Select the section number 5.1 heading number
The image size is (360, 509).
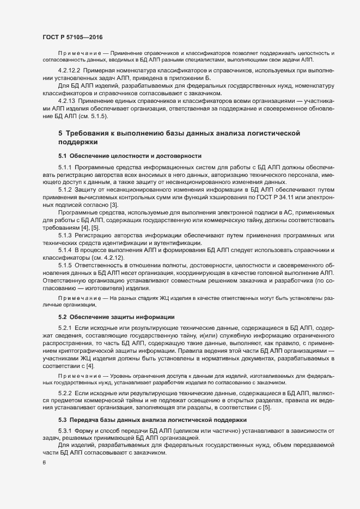pos(62,156)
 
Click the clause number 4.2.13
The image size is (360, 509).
pos(66,101)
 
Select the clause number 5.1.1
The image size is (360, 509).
pos(65,167)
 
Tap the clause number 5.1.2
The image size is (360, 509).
pos(65,189)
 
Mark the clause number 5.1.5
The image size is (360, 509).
pos(65,265)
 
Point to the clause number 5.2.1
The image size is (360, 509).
pos(65,328)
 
